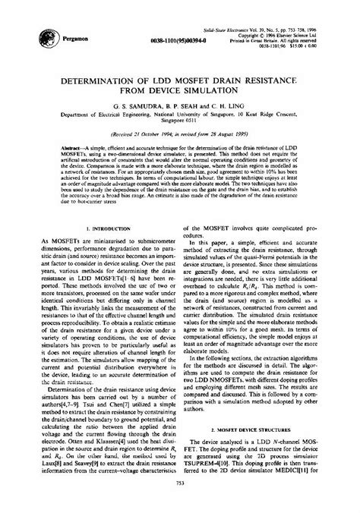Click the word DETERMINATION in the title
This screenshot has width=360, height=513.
pos(105,78)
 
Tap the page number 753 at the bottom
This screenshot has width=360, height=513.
pos(180,504)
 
